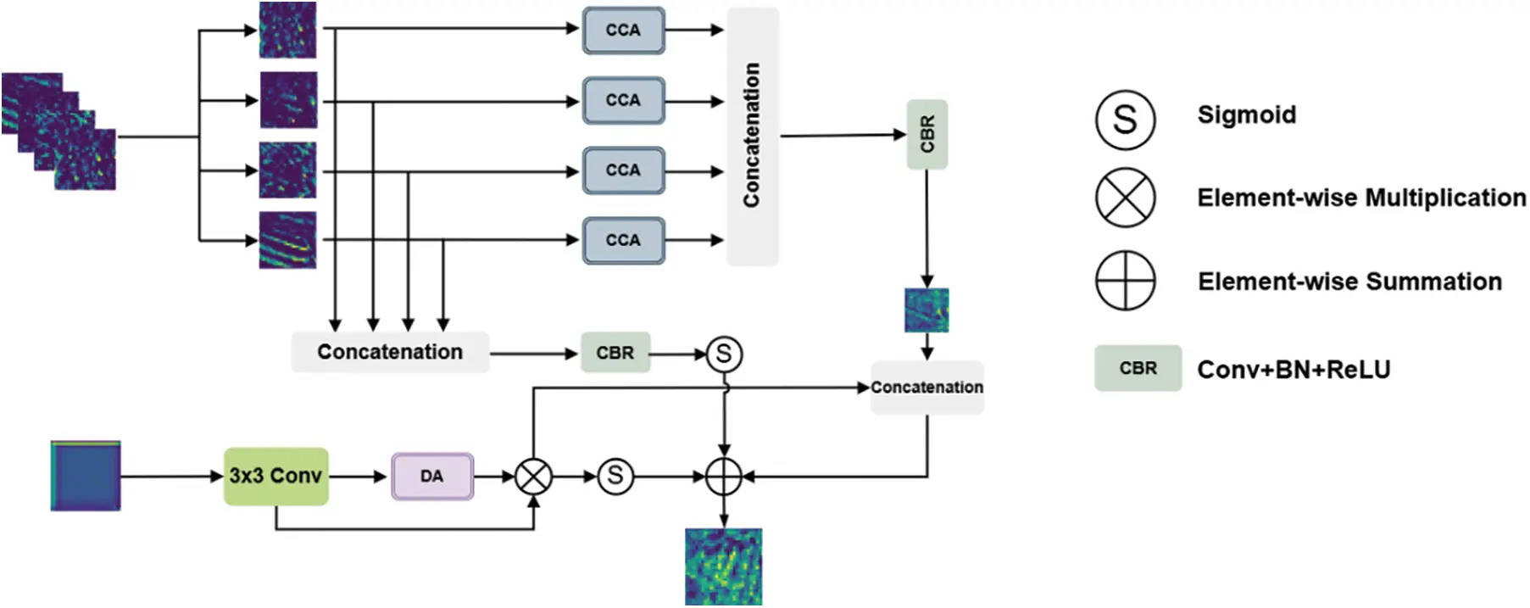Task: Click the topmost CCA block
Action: point(623,31)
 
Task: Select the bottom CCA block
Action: point(623,240)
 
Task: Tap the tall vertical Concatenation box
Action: point(752,136)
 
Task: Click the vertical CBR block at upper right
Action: point(926,134)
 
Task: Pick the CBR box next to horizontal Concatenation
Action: point(615,353)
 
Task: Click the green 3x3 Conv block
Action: point(275,477)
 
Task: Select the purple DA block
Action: point(432,477)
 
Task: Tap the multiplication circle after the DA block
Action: point(534,477)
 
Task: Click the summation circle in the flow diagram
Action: point(724,477)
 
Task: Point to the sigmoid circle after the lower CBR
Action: point(724,354)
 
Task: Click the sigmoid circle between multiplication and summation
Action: point(615,477)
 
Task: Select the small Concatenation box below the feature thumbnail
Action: point(927,388)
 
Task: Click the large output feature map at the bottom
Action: point(724,566)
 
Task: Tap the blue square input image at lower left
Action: point(86,476)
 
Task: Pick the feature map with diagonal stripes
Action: point(287,240)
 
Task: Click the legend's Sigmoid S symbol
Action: point(1125,120)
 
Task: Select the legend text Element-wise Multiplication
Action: point(1361,198)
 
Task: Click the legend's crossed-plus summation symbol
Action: point(1125,280)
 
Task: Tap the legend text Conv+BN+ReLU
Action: point(1294,370)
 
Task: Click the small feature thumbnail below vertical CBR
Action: point(926,310)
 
